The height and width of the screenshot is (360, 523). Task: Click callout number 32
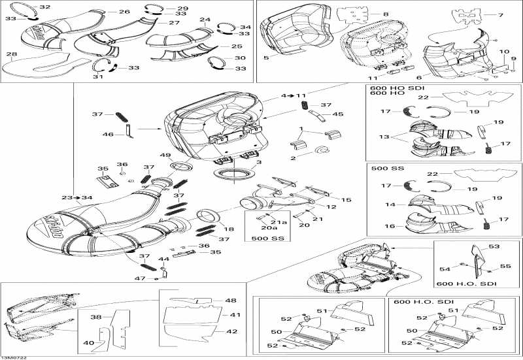tap(44, 7)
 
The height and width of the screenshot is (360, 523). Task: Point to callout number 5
tap(266, 58)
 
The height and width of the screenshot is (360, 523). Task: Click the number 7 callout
tap(501, 14)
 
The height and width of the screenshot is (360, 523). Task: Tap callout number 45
tap(339, 114)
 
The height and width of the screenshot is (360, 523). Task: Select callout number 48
tap(231, 301)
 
